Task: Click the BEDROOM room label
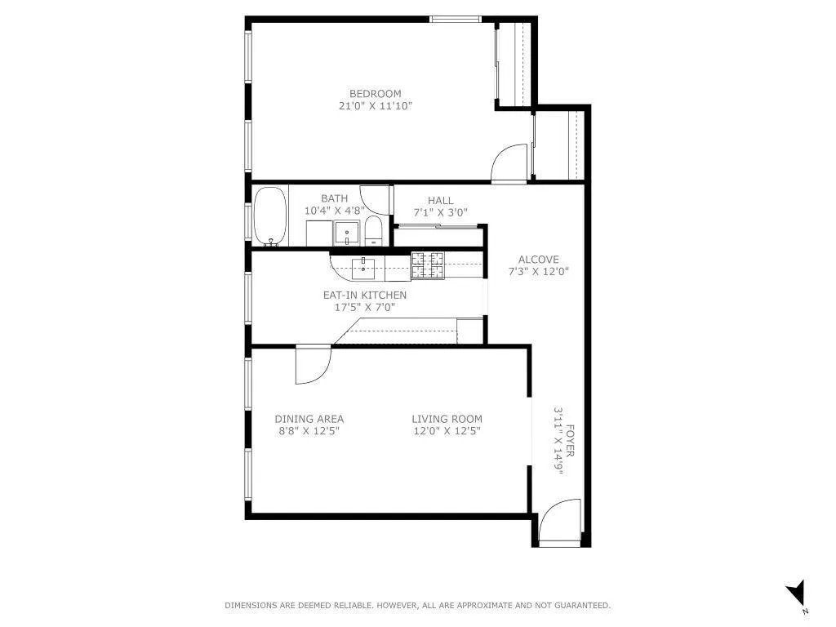coord(376,94)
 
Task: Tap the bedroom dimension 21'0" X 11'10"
coord(376,106)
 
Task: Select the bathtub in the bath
coord(269,216)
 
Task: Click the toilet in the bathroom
coord(373,231)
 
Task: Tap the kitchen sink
coord(362,265)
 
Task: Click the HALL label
coord(440,201)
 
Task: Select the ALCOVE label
coord(538,260)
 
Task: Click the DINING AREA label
coord(309,420)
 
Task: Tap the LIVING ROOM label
coord(447,420)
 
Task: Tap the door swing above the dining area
coord(312,364)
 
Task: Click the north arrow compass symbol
coord(796,594)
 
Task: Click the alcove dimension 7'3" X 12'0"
coord(538,272)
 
